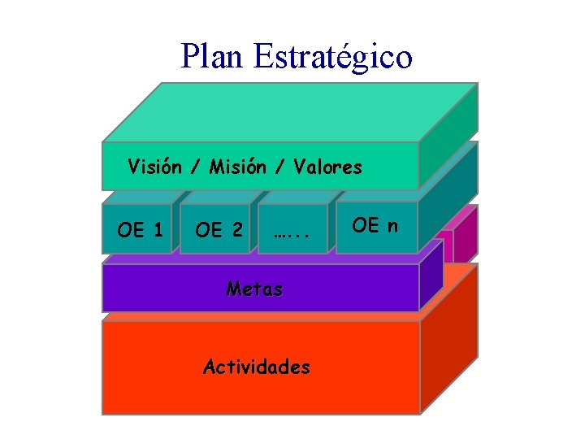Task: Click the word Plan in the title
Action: pos(212,56)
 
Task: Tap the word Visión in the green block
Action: pos(154,167)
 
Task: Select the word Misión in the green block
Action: pos(238,167)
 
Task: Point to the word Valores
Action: pos(328,167)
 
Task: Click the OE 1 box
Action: pos(139,230)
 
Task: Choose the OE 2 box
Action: pos(218,231)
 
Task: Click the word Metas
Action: pos(254,288)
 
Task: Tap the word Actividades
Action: pos(256,367)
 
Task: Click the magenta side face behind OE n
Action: pos(465,232)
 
